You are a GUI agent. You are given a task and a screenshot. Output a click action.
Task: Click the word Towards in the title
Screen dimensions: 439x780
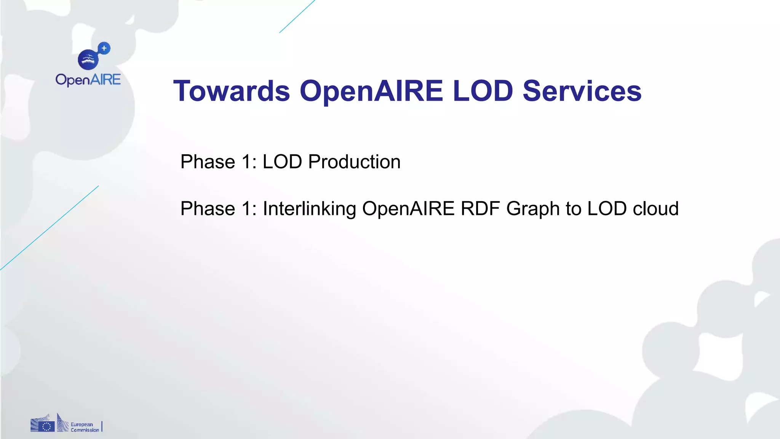coord(232,91)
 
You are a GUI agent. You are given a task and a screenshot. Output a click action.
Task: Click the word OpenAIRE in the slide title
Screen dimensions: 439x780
coord(371,91)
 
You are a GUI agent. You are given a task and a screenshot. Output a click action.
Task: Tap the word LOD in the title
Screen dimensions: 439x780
coord(483,91)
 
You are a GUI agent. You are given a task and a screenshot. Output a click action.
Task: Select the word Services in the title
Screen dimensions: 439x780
coord(582,91)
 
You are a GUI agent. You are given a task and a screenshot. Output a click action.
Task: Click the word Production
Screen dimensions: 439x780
coord(354,162)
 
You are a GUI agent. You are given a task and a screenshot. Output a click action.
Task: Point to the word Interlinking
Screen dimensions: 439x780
coord(309,209)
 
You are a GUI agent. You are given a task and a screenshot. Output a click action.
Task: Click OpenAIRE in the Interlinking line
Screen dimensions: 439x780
coord(408,208)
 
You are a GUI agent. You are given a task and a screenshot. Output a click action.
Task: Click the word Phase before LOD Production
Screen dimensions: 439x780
coord(208,162)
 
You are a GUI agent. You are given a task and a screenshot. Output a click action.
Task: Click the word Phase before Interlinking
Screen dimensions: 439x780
coord(208,209)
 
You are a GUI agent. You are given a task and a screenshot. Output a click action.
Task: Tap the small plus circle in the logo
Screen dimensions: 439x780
coord(104,48)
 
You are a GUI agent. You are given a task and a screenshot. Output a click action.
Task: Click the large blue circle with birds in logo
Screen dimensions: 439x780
coord(88,60)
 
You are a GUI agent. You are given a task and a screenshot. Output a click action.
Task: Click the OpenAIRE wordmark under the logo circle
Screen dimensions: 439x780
coord(88,80)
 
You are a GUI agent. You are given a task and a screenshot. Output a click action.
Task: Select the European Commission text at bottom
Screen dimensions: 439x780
coord(85,427)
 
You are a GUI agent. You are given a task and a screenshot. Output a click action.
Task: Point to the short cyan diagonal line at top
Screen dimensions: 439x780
coord(297,16)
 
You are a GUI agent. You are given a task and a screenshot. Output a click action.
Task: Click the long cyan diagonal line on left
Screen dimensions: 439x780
coord(50,228)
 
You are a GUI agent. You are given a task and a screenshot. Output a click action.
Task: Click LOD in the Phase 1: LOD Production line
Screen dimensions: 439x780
coord(282,162)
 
